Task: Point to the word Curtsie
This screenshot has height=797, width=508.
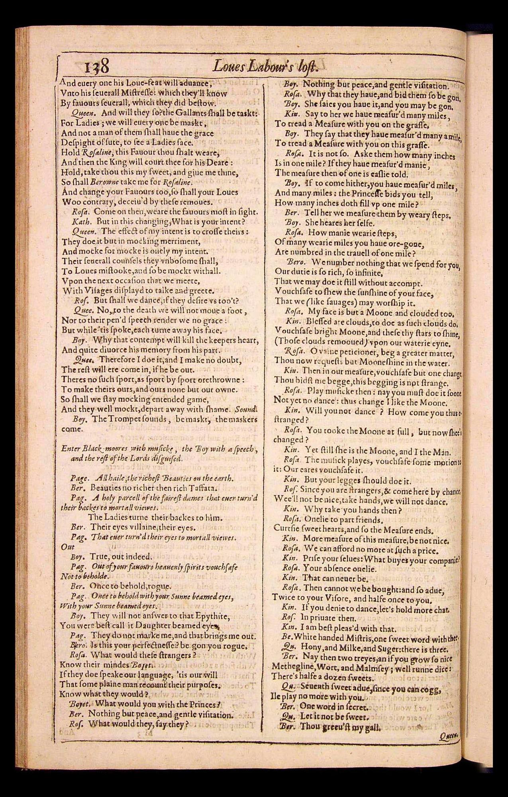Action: [x=287, y=530]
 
